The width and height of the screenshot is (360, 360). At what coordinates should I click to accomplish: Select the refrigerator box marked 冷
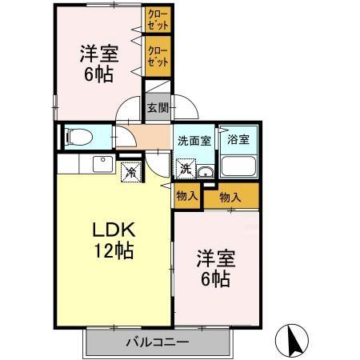coord(130,170)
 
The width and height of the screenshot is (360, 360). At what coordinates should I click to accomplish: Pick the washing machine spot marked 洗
coord(184,169)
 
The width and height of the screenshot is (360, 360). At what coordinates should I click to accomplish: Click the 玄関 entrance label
coord(156,106)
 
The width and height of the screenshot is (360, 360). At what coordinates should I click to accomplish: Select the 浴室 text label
coord(238,138)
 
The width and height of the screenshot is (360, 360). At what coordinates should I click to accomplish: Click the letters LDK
coord(113,229)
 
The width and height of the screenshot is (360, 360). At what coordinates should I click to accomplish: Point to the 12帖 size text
coord(113,250)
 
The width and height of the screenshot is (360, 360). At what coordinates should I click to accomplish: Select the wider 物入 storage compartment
coord(232,196)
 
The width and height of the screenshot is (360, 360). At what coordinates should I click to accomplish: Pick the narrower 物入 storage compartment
coord(186,195)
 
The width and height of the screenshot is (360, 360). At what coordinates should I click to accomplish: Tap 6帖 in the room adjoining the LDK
coord(214,279)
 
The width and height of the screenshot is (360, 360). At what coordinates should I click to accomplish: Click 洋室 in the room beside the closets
coord(98,54)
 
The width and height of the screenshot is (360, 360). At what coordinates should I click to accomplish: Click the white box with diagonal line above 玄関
coord(156,86)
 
